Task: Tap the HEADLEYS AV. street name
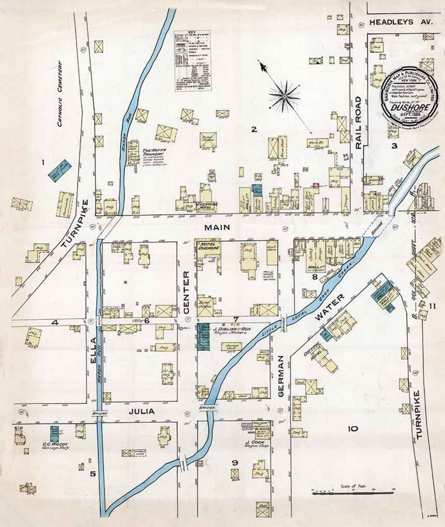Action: [401, 23]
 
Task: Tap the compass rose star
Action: [284, 96]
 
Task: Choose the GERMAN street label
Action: [281, 376]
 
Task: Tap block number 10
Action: [353, 428]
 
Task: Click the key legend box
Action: [193, 60]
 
